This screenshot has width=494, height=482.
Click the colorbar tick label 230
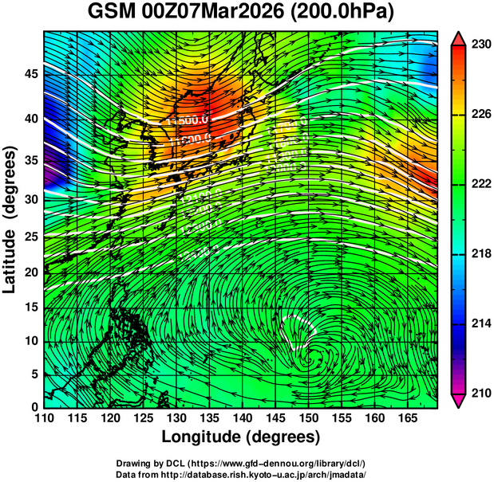coord(480,45)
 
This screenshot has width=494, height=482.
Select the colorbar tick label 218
coord(480,254)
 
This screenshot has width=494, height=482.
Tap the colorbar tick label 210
coord(480,393)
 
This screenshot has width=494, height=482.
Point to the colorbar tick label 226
coord(480,116)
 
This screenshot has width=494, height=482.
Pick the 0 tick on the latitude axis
coord(34,406)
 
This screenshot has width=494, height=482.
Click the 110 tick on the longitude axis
coord(44,417)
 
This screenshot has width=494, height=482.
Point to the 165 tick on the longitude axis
coord(405,417)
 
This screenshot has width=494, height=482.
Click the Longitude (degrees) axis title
coord(241,437)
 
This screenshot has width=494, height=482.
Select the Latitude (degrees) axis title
coord(11,219)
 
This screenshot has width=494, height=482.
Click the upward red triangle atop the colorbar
coord(459,37)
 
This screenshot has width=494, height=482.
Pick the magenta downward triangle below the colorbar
coord(459,401)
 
